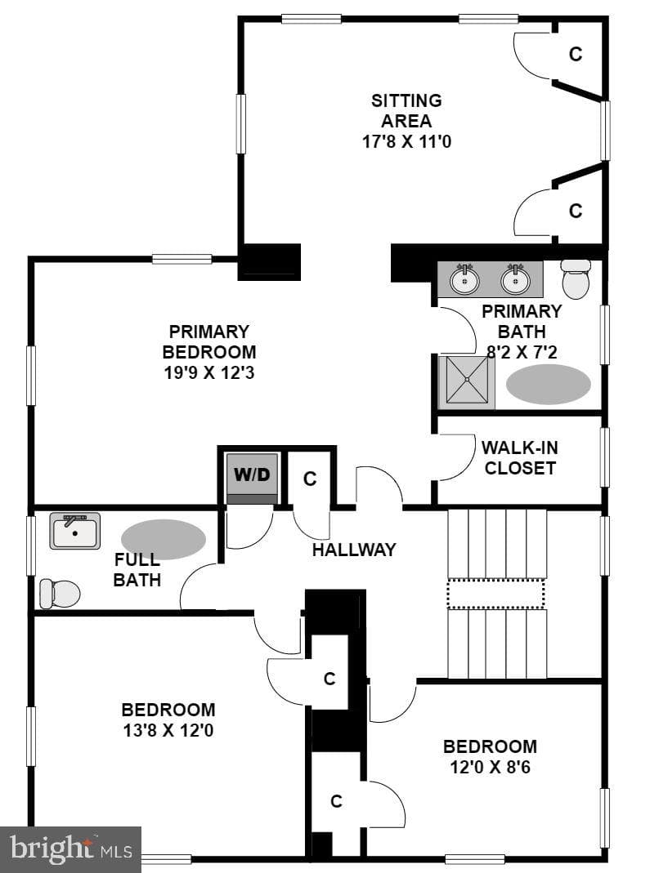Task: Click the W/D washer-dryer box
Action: [252, 479]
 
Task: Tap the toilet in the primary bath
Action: [576, 278]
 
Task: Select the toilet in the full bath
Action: [60, 594]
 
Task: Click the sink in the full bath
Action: [75, 531]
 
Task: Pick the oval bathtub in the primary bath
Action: [549, 384]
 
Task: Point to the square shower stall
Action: [466, 381]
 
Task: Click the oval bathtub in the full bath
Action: [164, 539]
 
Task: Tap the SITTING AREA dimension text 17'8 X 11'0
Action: [406, 141]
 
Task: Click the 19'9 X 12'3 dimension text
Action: [209, 372]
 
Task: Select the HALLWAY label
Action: [354, 550]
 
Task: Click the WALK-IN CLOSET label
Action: [520, 457]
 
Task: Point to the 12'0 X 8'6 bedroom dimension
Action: [490, 767]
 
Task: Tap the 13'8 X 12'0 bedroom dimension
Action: [168, 730]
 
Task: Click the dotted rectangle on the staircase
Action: [495, 594]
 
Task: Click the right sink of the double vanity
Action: [515, 279]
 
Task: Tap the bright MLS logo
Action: [71, 849]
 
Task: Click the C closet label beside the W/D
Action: [310, 479]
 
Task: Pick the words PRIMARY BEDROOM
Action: [209, 342]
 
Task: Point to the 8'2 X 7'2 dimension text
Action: [522, 352]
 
